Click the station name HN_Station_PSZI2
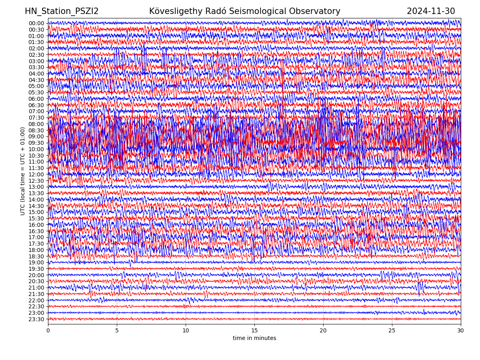62,12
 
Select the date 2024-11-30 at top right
431,12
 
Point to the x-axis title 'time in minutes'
254,338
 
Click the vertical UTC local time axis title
23,171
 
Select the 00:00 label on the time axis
36,23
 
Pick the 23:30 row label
36,319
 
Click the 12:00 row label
36,174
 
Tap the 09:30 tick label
36,143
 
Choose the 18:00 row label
36,250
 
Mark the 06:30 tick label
36,105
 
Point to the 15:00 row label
36,212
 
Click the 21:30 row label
36,294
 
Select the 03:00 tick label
36,61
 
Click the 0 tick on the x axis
48,331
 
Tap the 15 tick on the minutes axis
254,331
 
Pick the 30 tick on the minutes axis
461,331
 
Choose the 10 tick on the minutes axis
186,331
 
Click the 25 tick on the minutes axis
392,331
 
